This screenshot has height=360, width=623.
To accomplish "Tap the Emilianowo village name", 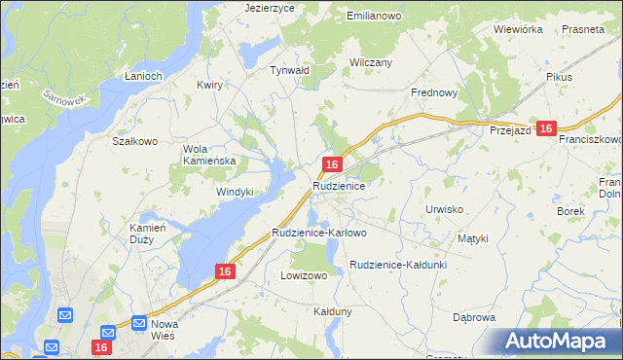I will tap(375, 17).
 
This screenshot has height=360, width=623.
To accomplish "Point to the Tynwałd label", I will tap(289, 70).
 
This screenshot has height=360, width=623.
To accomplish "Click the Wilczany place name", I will tap(370, 62).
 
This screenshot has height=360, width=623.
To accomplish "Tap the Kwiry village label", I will tap(209, 85).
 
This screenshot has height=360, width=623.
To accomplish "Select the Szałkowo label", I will tap(135, 141).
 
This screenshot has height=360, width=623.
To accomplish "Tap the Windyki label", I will tap(235, 192).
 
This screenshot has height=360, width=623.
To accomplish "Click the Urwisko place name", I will tap(444, 209).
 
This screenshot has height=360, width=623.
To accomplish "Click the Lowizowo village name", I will tap(304, 275).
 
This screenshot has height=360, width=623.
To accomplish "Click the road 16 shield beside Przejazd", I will tap(546, 128).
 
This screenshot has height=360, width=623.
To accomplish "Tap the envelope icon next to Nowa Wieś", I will tap(139, 322).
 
